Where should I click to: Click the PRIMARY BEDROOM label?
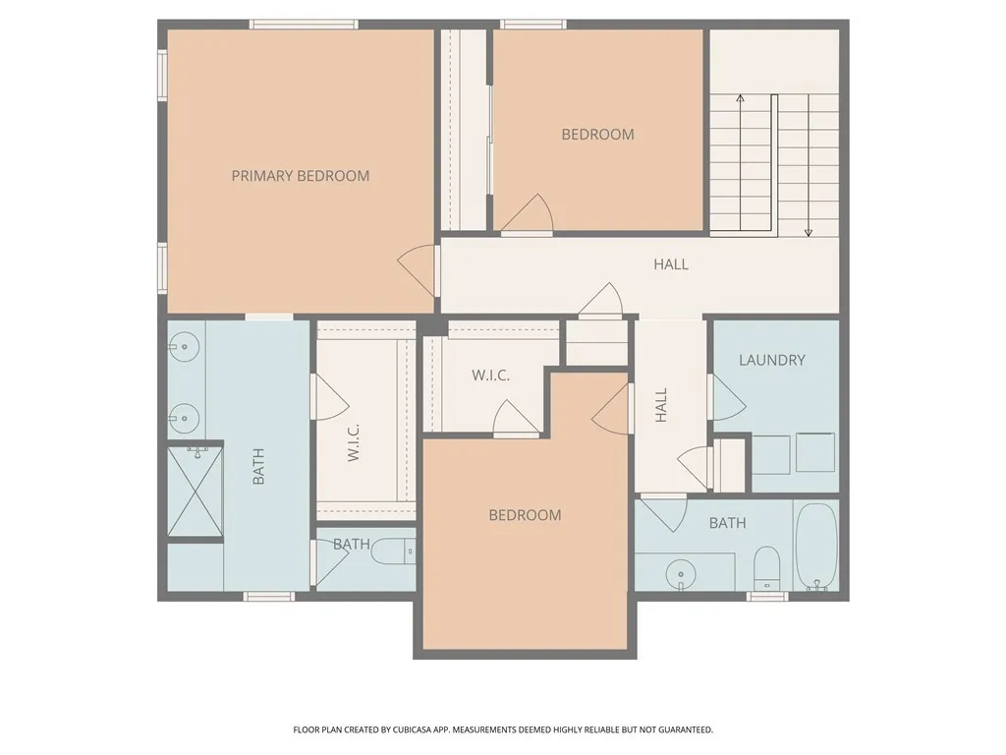point(301,176)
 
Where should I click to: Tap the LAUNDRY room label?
point(772,361)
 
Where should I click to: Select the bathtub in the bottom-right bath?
point(815,547)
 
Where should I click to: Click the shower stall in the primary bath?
point(196,492)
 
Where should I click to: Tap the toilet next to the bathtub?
point(766,567)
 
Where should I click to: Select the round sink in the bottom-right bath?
point(678,572)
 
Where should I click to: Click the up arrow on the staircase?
point(740,98)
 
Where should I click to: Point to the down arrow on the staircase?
point(809,231)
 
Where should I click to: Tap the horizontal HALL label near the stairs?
point(671,264)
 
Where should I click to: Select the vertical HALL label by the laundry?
point(661,405)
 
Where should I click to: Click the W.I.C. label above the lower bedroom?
point(490,376)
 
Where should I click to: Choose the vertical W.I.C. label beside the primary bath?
point(354,443)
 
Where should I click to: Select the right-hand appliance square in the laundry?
point(815,453)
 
